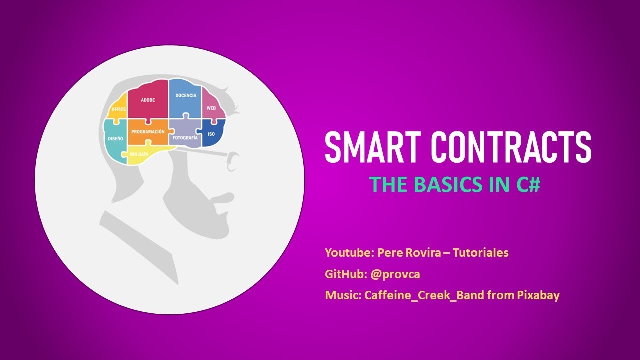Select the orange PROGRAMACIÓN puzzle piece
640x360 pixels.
[x=147, y=132]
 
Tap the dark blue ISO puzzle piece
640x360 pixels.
[x=211, y=134]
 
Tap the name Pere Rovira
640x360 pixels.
[x=409, y=253]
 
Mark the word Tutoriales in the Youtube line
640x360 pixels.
[x=480, y=253]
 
